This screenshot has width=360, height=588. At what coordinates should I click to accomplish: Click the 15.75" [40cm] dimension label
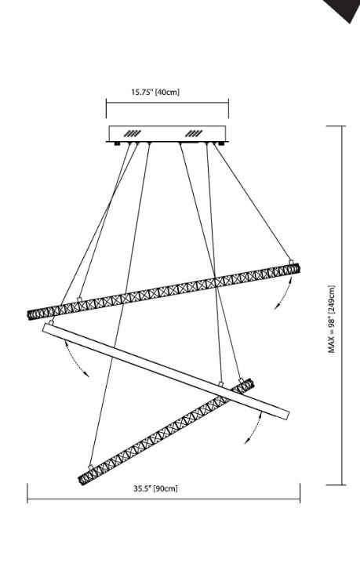point(155,92)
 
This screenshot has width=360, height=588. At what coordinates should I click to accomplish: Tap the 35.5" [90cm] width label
point(155,488)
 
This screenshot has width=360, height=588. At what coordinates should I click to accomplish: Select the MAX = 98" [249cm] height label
point(332,319)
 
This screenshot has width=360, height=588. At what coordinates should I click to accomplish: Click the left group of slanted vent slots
point(133,133)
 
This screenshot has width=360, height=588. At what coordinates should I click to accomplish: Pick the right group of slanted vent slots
point(194,133)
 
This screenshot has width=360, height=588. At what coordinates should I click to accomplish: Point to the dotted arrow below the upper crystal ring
point(285,293)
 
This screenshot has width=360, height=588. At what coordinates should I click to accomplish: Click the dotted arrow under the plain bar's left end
point(75,359)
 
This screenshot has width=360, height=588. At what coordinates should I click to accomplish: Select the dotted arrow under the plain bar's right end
point(254,427)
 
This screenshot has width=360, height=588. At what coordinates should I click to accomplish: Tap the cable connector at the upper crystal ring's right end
point(290,262)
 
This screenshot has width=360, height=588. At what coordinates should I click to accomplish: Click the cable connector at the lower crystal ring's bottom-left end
point(90,467)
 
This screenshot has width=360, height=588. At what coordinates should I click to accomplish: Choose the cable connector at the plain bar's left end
point(52,321)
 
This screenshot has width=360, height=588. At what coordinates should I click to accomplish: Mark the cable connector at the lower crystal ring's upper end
point(241,380)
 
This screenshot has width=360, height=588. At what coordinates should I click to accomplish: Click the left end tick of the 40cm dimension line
point(106,108)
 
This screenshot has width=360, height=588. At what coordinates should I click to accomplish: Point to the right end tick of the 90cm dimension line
point(300,493)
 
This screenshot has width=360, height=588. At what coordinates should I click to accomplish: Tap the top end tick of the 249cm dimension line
point(336,126)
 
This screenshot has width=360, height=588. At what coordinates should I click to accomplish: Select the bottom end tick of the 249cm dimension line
point(336,485)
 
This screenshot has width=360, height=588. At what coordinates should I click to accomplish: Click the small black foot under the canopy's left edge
point(118,143)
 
